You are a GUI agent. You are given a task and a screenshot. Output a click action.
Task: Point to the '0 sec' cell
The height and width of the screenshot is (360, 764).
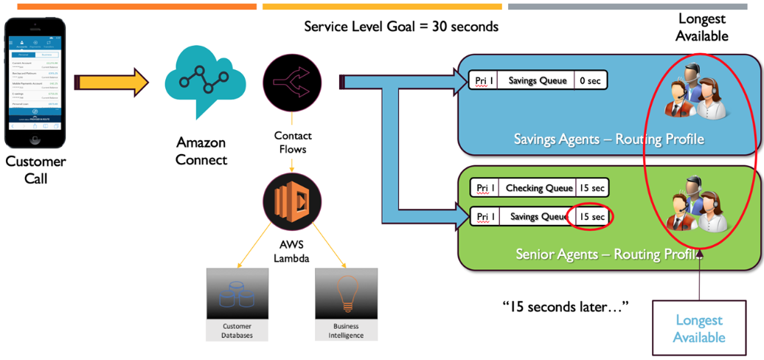point(590,80)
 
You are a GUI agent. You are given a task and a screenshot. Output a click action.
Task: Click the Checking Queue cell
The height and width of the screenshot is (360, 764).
point(538,188)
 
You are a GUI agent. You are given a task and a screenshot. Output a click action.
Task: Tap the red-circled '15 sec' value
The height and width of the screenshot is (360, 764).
point(590,217)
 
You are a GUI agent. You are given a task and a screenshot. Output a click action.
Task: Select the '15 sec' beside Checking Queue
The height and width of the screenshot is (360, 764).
point(591,188)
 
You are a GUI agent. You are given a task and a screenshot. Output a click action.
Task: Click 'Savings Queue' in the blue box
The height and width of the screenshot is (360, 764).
point(538,80)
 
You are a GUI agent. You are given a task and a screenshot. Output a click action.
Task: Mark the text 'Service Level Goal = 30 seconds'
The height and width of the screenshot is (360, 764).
point(401,27)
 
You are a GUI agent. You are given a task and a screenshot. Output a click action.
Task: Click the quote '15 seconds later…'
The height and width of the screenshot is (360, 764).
point(565,306)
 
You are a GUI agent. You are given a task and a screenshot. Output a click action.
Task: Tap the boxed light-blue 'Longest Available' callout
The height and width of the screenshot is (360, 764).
point(700,328)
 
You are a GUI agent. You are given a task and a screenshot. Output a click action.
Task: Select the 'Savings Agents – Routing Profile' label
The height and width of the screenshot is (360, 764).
point(608,139)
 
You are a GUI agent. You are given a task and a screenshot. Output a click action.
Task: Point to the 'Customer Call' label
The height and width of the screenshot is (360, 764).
point(35,170)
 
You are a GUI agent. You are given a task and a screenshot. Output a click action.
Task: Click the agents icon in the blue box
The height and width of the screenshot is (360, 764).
point(695,94)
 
